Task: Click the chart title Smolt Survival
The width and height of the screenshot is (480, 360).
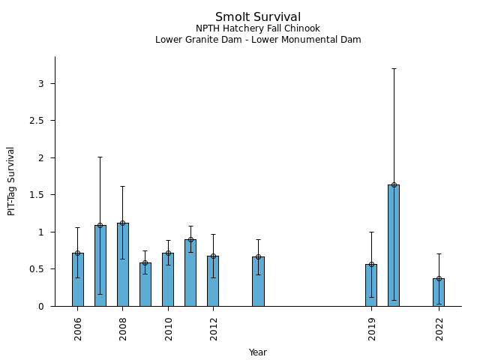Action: pyautogui.click(x=258, y=17)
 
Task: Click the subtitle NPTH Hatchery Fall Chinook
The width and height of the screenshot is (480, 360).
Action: pyautogui.click(x=258, y=28)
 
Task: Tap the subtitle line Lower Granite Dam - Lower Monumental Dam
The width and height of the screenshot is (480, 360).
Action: pyautogui.click(x=258, y=40)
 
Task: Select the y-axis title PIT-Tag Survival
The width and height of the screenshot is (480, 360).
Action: pyautogui.click(x=11, y=181)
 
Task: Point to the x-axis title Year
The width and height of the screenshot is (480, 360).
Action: pyautogui.click(x=258, y=352)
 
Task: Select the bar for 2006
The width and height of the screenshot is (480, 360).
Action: pyautogui.click(x=78, y=280)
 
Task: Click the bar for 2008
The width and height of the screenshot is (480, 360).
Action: pyautogui.click(x=123, y=265)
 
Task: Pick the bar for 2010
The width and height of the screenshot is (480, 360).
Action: pyautogui.click(x=168, y=280)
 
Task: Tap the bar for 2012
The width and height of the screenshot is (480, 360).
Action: pyautogui.click(x=213, y=281)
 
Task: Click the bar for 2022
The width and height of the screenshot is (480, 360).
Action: pyautogui.click(x=439, y=292)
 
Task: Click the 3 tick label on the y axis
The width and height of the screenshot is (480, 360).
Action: pyautogui.click(x=41, y=83)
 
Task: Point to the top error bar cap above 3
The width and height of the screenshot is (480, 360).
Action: pyautogui.click(x=394, y=68)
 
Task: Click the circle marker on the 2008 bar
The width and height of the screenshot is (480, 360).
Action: pyautogui.click(x=123, y=223)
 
